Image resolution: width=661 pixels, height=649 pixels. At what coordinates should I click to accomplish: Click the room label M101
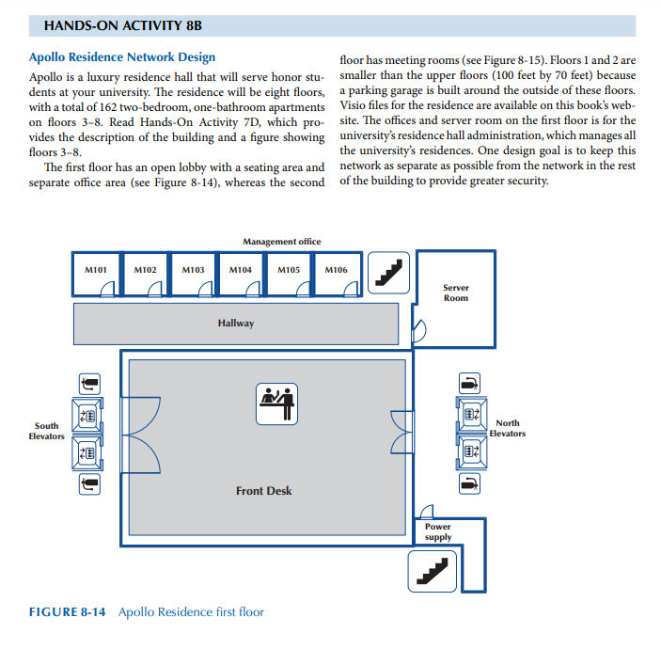(97, 269)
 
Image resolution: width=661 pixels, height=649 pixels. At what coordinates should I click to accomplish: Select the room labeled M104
(241, 269)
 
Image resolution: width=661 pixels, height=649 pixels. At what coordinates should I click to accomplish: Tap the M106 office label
(336, 269)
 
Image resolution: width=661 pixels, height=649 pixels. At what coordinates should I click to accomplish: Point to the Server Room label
(456, 293)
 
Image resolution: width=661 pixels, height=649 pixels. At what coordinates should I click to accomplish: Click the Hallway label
(236, 324)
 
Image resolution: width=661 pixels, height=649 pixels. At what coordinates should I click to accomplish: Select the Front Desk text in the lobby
(263, 491)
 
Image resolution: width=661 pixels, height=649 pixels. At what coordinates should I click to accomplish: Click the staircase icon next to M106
(387, 272)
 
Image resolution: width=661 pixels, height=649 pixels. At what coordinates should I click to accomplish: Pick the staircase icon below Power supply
(433, 570)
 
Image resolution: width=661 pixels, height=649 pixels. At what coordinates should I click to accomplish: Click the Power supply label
(437, 532)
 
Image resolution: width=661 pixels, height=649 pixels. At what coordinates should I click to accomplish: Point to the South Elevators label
(46, 431)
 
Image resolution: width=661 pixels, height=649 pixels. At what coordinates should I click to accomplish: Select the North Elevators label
(507, 428)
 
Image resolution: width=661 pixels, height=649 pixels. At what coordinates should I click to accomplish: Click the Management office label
(281, 242)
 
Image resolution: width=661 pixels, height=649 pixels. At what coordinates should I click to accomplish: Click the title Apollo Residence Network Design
(122, 57)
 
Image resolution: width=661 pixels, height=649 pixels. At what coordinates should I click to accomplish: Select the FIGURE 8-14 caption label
(67, 612)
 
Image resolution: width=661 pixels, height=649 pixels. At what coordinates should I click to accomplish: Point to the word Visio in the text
(354, 106)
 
